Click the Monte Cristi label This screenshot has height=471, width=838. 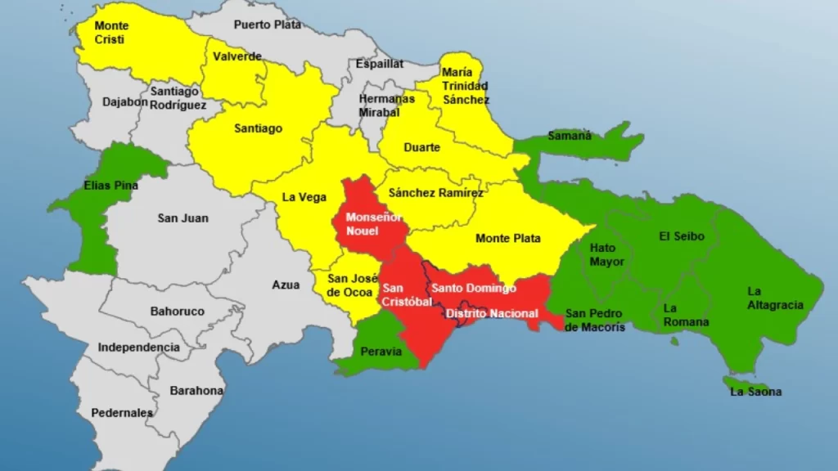(x=111, y=33)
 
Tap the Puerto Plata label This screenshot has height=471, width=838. (x=268, y=25)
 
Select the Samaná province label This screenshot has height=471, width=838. (x=569, y=136)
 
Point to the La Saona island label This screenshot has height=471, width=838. (x=755, y=392)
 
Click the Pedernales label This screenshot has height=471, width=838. (x=121, y=412)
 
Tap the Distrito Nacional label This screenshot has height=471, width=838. (x=491, y=313)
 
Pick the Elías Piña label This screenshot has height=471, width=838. (x=110, y=186)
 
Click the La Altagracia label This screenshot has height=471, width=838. (x=775, y=298)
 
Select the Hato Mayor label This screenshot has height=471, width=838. (x=607, y=254)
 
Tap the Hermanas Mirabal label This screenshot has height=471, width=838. (x=386, y=105)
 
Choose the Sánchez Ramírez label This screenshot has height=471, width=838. (x=435, y=193)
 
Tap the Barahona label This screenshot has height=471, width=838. (x=196, y=391)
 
